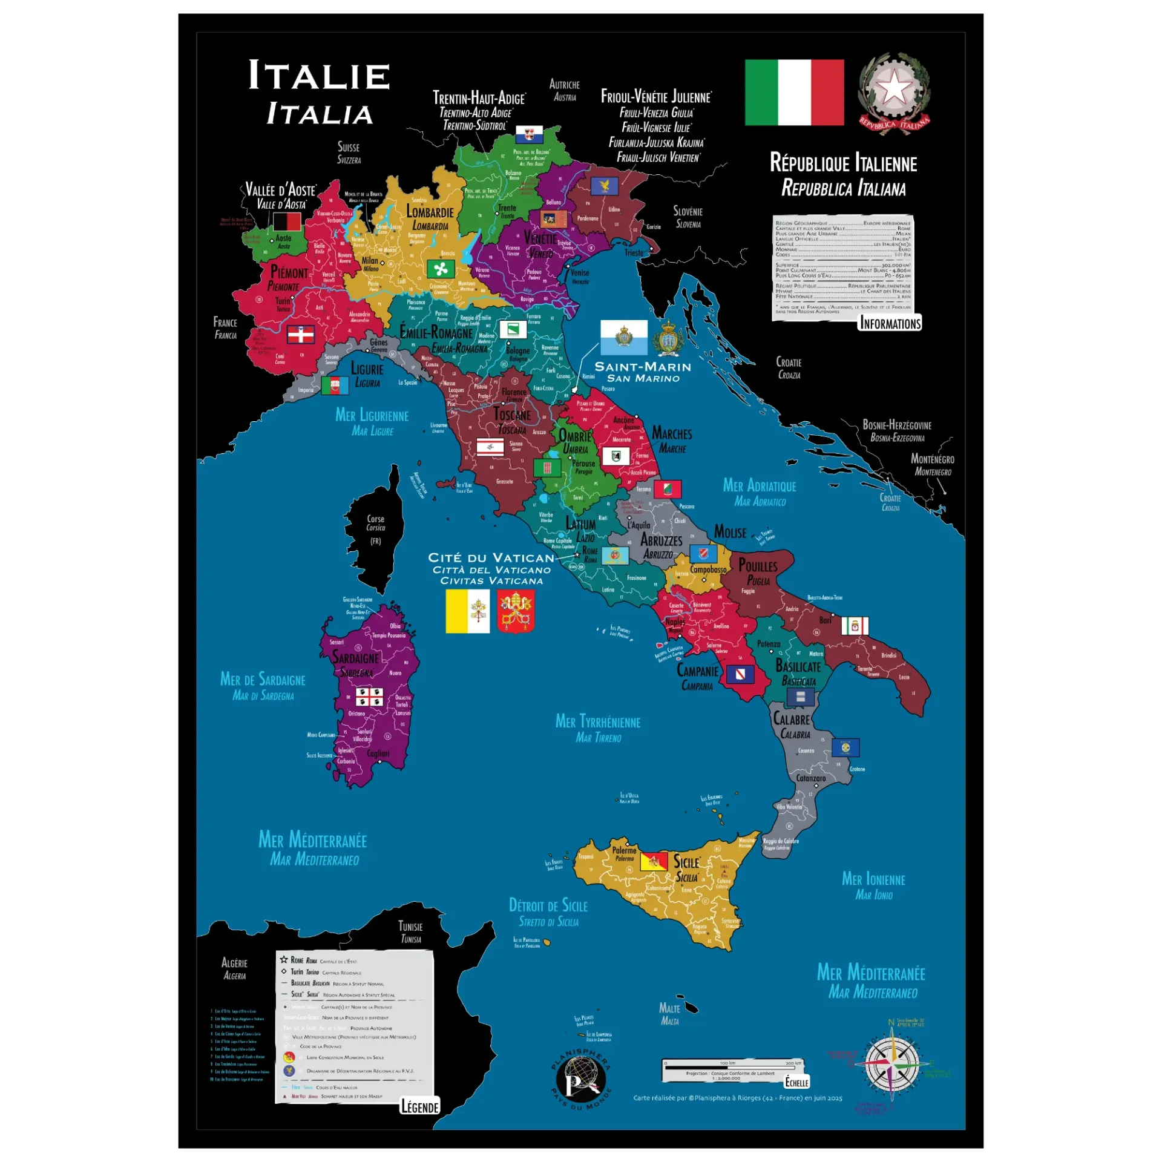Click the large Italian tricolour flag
(x=794, y=92)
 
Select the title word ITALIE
(x=319, y=76)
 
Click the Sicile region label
(x=686, y=862)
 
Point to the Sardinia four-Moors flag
(x=369, y=697)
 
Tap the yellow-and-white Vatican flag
(x=467, y=611)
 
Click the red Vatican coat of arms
(x=516, y=611)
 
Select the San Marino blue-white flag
(x=623, y=337)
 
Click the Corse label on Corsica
(x=375, y=519)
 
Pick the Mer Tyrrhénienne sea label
(x=598, y=721)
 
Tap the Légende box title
(x=419, y=1107)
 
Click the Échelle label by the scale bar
(x=796, y=1082)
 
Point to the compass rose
(x=893, y=1063)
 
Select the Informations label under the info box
(x=890, y=323)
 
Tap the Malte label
(x=669, y=1008)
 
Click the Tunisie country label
(x=410, y=927)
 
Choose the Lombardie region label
(x=430, y=212)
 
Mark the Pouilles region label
(x=758, y=566)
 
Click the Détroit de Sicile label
(x=548, y=905)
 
